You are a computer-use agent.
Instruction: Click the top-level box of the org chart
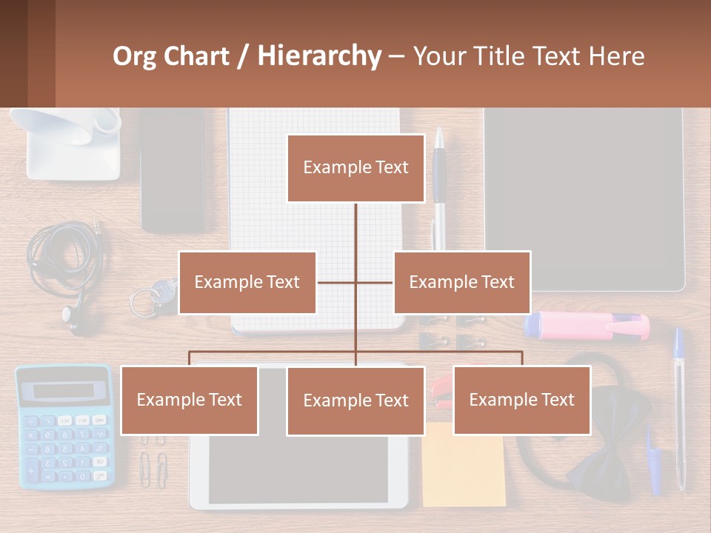pos(355,168)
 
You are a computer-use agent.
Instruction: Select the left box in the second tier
pos(247,282)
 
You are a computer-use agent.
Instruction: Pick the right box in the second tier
pos(461,282)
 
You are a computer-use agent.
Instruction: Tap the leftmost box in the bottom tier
pos(189,400)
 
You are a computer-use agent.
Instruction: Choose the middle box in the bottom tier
pos(355,400)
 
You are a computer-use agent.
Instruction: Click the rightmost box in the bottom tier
pos(521,400)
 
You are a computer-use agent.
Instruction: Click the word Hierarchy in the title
pos(319,56)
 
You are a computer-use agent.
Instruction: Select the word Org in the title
pos(134,56)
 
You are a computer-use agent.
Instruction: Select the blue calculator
pos(64,426)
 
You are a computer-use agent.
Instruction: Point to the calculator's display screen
pos(64,390)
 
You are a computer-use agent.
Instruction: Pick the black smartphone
pos(172,170)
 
